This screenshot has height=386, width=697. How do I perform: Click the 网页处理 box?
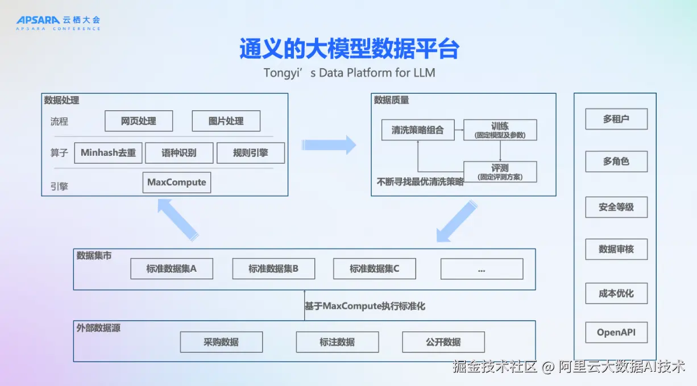pyautogui.click(x=139, y=121)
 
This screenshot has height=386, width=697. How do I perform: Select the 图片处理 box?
pyautogui.click(x=226, y=121)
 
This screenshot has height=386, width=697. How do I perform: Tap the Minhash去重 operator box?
pyautogui.click(x=108, y=153)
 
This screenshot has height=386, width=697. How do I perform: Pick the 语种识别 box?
pyautogui.click(x=179, y=153)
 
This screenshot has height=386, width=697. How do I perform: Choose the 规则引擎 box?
pyautogui.click(x=251, y=153)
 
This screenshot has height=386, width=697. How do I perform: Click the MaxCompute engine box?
pyautogui.click(x=177, y=182)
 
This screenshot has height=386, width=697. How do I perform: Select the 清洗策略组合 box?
pyautogui.click(x=418, y=130)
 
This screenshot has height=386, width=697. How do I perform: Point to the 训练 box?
pyautogui.click(x=500, y=130)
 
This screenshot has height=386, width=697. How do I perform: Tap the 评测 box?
pyautogui.click(x=500, y=172)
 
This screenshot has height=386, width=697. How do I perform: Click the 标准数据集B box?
pyautogui.click(x=273, y=268)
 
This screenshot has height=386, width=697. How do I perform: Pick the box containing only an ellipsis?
pyautogui.click(x=482, y=269)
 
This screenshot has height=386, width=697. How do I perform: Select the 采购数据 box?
pyautogui.click(x=221, y=342)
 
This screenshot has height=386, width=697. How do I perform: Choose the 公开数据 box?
pyautogui.click(x=443, y=342)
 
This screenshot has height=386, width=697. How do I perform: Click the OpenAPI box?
pyautogui.click(x=616, y=332)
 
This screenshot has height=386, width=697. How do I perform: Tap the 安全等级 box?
pyautogui.click(x=616, y=207)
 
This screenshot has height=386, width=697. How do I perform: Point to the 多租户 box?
pyautogui.click(x=616, y=119)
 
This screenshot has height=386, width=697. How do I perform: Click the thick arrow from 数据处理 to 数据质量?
pyautogui.click(x=329, y=145)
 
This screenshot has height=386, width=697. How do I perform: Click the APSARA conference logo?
pyautogui.click(x=58, y=23)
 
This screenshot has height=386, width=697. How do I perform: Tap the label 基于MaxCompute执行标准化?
pyautogui.click(x=365, y=306)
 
